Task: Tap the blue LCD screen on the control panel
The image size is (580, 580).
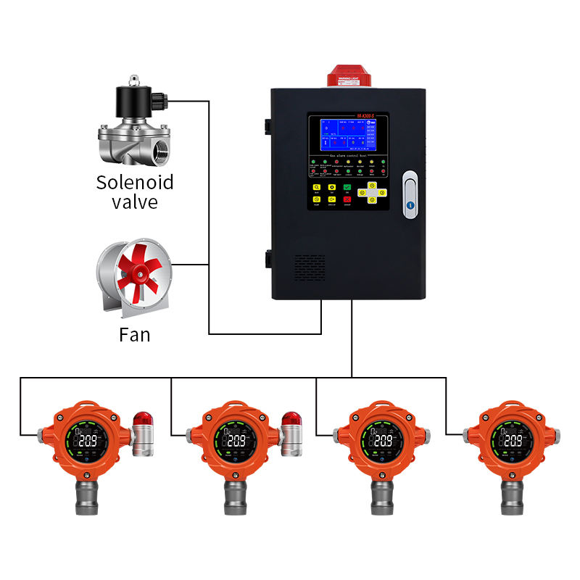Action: pyautogui.click(x=347, y=136)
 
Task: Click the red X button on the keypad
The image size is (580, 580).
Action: pyautogui.click(x=348, y=199)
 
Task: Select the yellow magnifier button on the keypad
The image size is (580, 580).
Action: pyautogui.click(x=316, y=187)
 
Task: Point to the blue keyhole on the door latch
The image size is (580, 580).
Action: pyautogui.click(x=410, y=205)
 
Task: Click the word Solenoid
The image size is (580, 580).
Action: pyautogui.click(x=135, y=181)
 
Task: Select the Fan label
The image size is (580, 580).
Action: pyautogui.click(x=135, y=335)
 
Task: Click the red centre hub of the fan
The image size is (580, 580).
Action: pyautogui.click(x=136, y=275)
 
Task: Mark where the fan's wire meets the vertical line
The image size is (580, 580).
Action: pyautogui.click(x=209, y=265)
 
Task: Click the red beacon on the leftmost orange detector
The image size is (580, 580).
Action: pyautogui.click(x=141, y=419)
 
